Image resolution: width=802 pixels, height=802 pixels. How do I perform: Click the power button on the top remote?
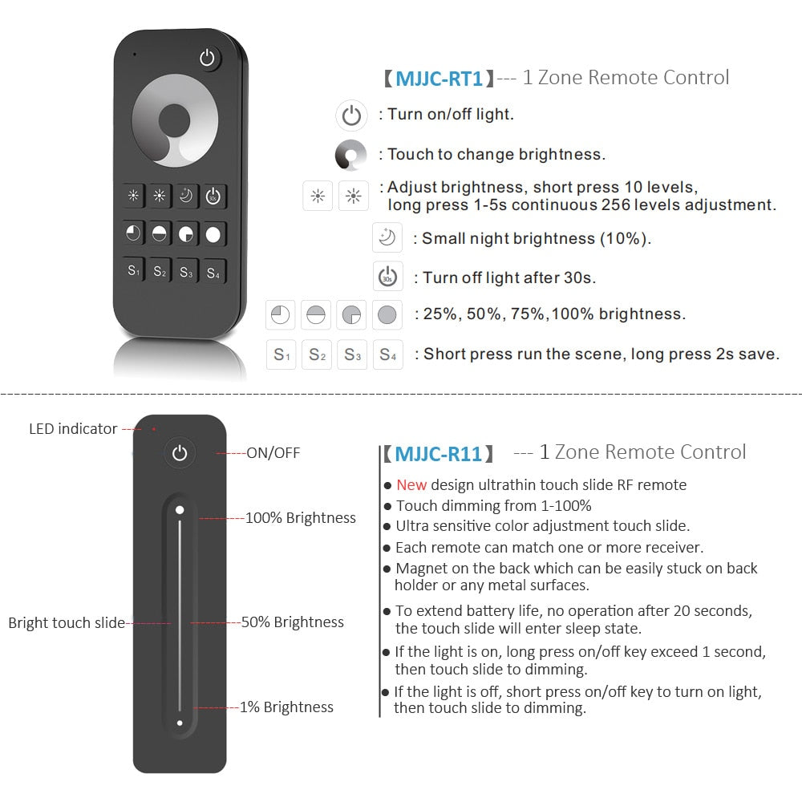pos(209,58)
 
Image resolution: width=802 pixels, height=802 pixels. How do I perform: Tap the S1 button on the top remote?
pos(134,271)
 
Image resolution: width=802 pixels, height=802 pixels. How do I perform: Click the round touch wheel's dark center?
pos(174,122)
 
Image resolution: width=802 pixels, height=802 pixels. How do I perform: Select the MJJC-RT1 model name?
pos(439,79)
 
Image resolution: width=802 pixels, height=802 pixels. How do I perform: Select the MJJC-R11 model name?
pos(439,454)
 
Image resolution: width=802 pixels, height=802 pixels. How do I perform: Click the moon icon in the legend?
pos(387,238)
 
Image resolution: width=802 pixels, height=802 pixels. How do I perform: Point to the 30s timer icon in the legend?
pos(387,277)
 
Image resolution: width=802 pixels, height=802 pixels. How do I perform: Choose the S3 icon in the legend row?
pos(352,354)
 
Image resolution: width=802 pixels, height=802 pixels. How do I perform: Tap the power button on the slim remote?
pos(180,453)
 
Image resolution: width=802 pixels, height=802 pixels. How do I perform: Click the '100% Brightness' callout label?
pos(300,518)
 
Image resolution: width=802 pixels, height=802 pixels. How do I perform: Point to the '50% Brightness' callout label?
pos(293,622)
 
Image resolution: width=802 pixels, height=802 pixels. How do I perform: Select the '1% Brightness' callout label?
pos(286,707)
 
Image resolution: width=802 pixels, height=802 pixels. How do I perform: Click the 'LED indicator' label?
pos(73,429)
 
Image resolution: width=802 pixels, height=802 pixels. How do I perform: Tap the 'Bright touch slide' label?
pos(67,623)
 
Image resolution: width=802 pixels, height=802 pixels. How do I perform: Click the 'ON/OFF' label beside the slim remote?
pos(273,453)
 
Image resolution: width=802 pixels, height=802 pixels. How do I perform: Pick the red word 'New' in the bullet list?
pos(411,484)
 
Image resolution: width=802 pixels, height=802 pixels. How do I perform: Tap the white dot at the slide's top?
pos(180,509)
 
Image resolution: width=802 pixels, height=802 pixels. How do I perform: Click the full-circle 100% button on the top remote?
pos(213,235)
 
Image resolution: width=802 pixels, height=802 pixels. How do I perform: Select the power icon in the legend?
pos(351,115)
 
